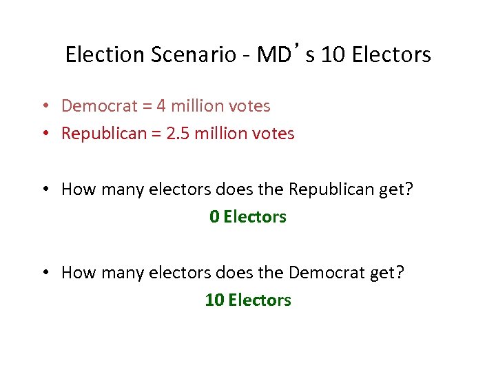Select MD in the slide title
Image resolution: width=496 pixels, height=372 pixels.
(273, 54)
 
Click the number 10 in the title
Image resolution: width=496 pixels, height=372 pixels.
(333, 54)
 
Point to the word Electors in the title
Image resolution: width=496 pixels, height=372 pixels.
(391, 54)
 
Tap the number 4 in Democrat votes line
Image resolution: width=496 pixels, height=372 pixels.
(161, 106)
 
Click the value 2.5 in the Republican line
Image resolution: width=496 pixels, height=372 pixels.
(177, 134)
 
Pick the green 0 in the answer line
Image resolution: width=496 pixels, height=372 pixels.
(214, 217)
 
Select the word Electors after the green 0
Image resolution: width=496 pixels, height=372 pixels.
(255, 217)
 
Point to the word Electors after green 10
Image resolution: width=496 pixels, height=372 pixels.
(260, 300)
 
